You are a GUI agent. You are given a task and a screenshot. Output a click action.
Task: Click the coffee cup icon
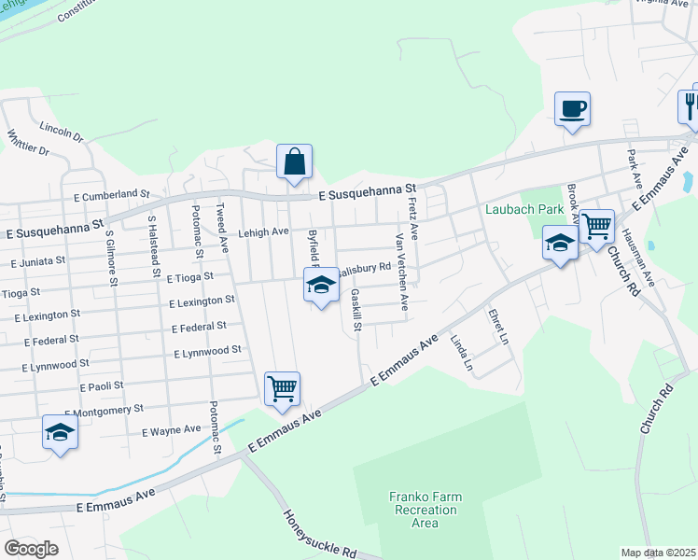coord(572,109)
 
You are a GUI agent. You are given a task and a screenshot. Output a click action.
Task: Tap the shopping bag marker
coord(294,161)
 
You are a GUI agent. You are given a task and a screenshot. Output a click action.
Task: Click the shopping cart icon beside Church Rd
coord(596,227)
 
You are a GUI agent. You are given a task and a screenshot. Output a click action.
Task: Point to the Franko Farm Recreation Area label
coord(425,510)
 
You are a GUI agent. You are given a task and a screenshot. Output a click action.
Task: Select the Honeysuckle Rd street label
coord(319,534)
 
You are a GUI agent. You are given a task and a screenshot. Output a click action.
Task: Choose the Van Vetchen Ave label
coord(401,273)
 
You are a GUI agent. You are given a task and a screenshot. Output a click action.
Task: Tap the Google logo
coord(32,548)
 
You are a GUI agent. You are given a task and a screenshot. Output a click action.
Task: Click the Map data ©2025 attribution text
coord(658,553)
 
